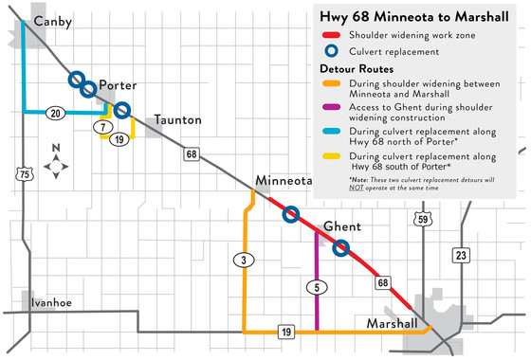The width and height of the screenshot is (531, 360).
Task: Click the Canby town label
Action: pos(51,21)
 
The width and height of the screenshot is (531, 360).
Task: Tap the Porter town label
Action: pos(118,82)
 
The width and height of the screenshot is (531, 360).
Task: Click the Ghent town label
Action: pos(342,226)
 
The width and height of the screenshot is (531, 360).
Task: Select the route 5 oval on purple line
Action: pos(315,286)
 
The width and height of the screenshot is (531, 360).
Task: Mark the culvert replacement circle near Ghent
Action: pos(341,248)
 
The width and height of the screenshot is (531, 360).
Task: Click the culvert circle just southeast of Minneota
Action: pos(292,214)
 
